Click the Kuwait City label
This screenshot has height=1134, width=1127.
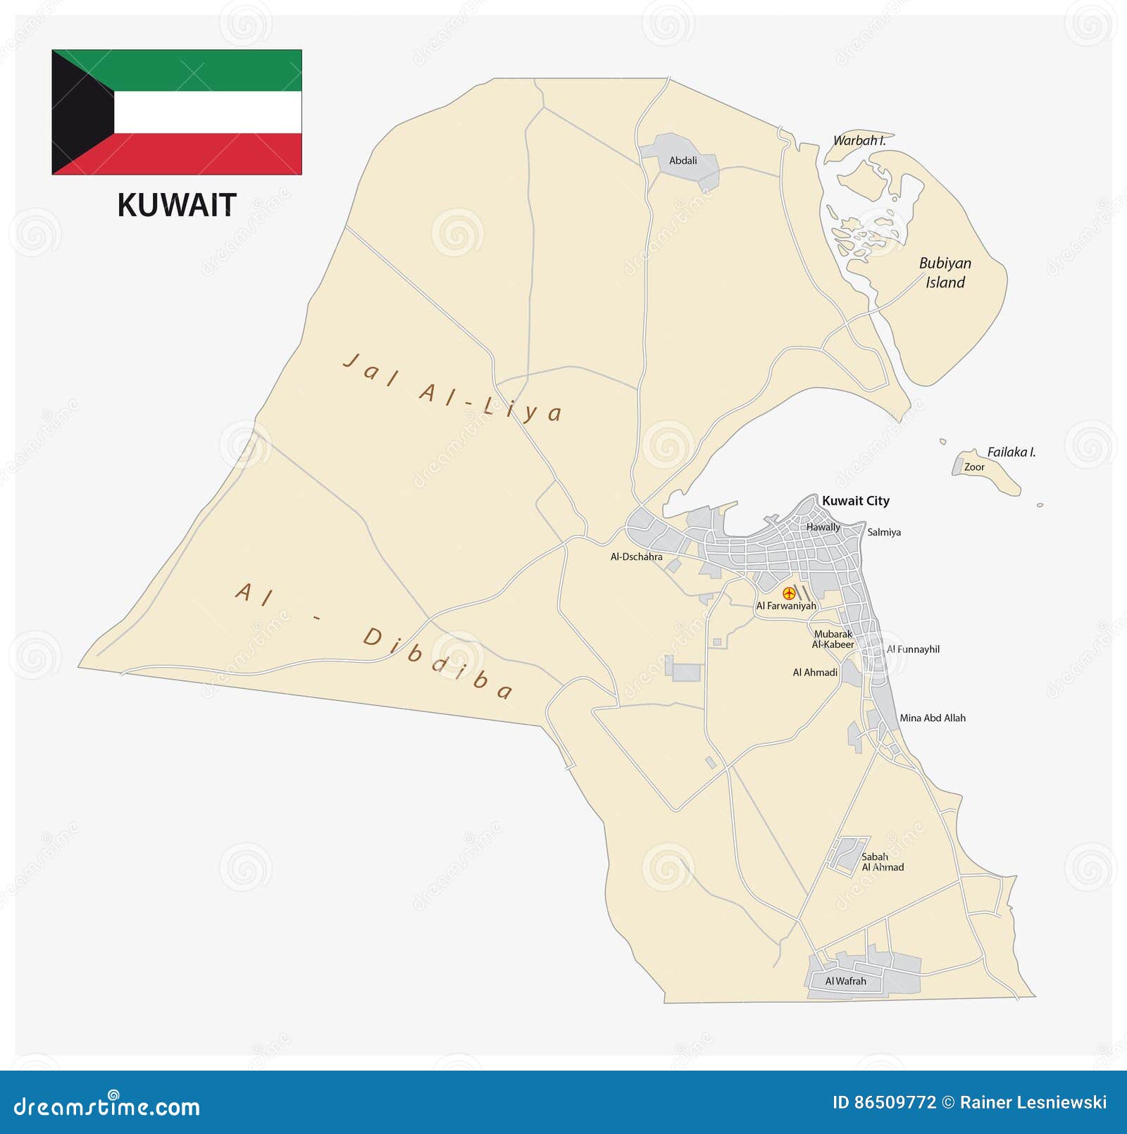(x=855, y=501)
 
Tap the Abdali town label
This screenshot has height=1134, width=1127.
(x=683, y=161)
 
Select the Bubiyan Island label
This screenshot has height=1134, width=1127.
(x=945, y=273)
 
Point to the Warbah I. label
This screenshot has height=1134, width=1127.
(x=859, y=140)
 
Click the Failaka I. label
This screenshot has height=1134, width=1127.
(x=1011, y=452)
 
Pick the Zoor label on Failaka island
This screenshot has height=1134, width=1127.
(x=974, y=467)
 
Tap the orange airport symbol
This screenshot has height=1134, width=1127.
(x=789, y=593)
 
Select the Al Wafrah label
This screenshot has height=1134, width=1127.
(x=845, y=981)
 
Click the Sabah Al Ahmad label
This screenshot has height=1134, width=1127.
(x=882, y=862)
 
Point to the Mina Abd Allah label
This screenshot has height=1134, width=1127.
(x=933, y=718)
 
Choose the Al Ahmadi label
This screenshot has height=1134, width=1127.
(x=815, y=673)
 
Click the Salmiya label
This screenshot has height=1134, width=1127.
(x=883, y=532)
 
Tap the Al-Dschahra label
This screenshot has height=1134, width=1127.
(x=636, y=556)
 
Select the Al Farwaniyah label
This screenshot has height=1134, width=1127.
(x=786, y=606)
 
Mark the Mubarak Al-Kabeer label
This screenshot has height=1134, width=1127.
(x=833, y=639)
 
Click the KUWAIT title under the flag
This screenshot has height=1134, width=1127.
(x=176, y=205)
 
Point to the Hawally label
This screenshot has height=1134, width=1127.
(x=823, y=527)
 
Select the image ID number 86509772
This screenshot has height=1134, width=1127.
(x=895, y=1102)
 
